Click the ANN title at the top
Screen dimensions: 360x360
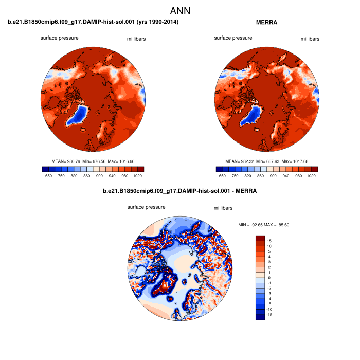179,10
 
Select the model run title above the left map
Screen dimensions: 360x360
93,22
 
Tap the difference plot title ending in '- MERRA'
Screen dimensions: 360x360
179,191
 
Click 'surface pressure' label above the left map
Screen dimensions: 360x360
60,38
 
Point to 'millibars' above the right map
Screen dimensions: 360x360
310,39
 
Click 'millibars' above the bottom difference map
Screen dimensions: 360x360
223,208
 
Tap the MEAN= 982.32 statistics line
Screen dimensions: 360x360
266,161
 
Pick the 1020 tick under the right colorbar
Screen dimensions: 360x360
311,175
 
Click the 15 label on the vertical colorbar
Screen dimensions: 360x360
269,240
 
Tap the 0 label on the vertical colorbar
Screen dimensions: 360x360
269,277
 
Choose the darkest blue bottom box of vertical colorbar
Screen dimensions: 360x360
260,316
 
